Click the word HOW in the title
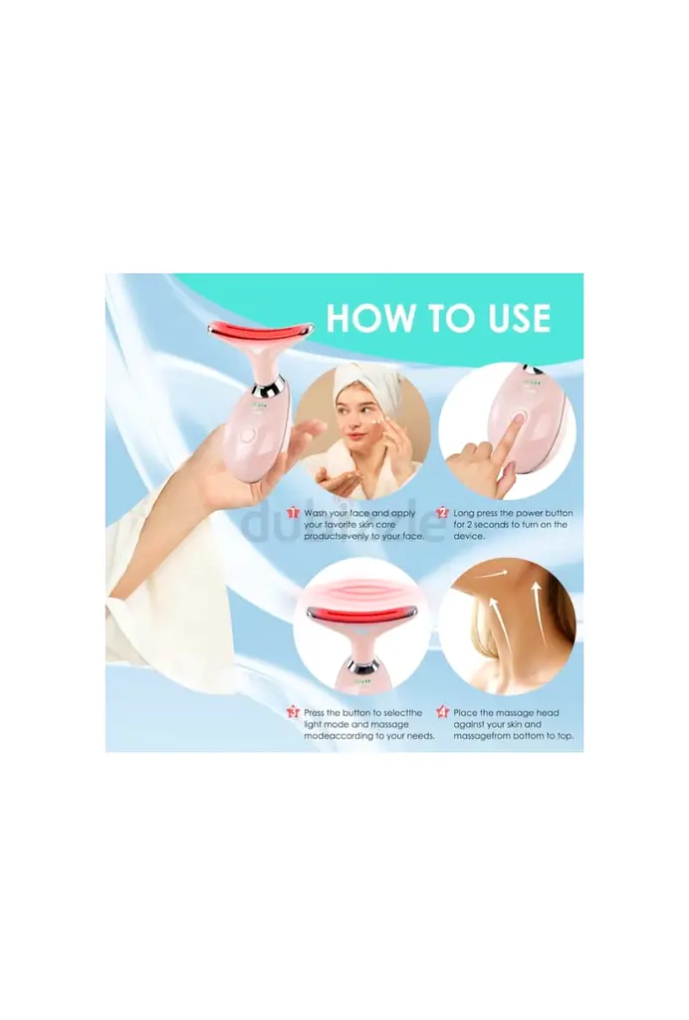pos(366,318)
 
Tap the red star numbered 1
pos(293,513)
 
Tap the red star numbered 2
pos(443,513)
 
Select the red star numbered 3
pos(293,712)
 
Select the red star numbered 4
pos(443,712)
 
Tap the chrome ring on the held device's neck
pos(267,390)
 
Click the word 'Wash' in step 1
pos(316,513)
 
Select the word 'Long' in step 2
pos(464,513)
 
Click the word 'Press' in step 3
pos(315,713)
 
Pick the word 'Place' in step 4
pos(465,713)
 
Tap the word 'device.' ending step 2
pos(469,536)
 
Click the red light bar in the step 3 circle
pos(361,614)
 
